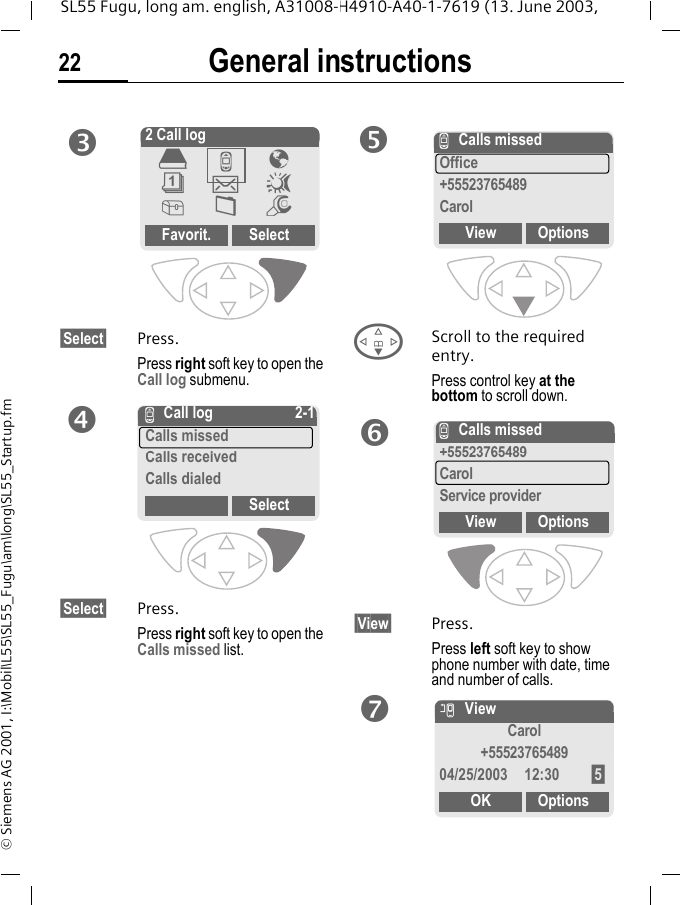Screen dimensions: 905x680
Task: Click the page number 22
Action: [x=70, y=64]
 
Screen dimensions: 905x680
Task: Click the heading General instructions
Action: [x=340, y=62]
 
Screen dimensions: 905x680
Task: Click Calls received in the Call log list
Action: [x=191, y=457]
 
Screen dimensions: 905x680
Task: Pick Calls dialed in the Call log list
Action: [x=183, y=479]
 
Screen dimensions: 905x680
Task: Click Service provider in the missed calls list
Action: [x=490, y=496]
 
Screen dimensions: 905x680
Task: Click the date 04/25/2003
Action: [x=473, y=775]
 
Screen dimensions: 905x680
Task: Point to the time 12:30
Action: [x=542, y=775]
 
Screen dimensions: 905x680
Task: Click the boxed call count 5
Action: [x=597, y=775]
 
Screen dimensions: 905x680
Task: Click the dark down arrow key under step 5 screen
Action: [x=523, y=305]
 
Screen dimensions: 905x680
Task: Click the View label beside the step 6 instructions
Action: [x=373, y=624]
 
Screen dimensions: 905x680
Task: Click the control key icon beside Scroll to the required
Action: [x=378, y=341]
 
